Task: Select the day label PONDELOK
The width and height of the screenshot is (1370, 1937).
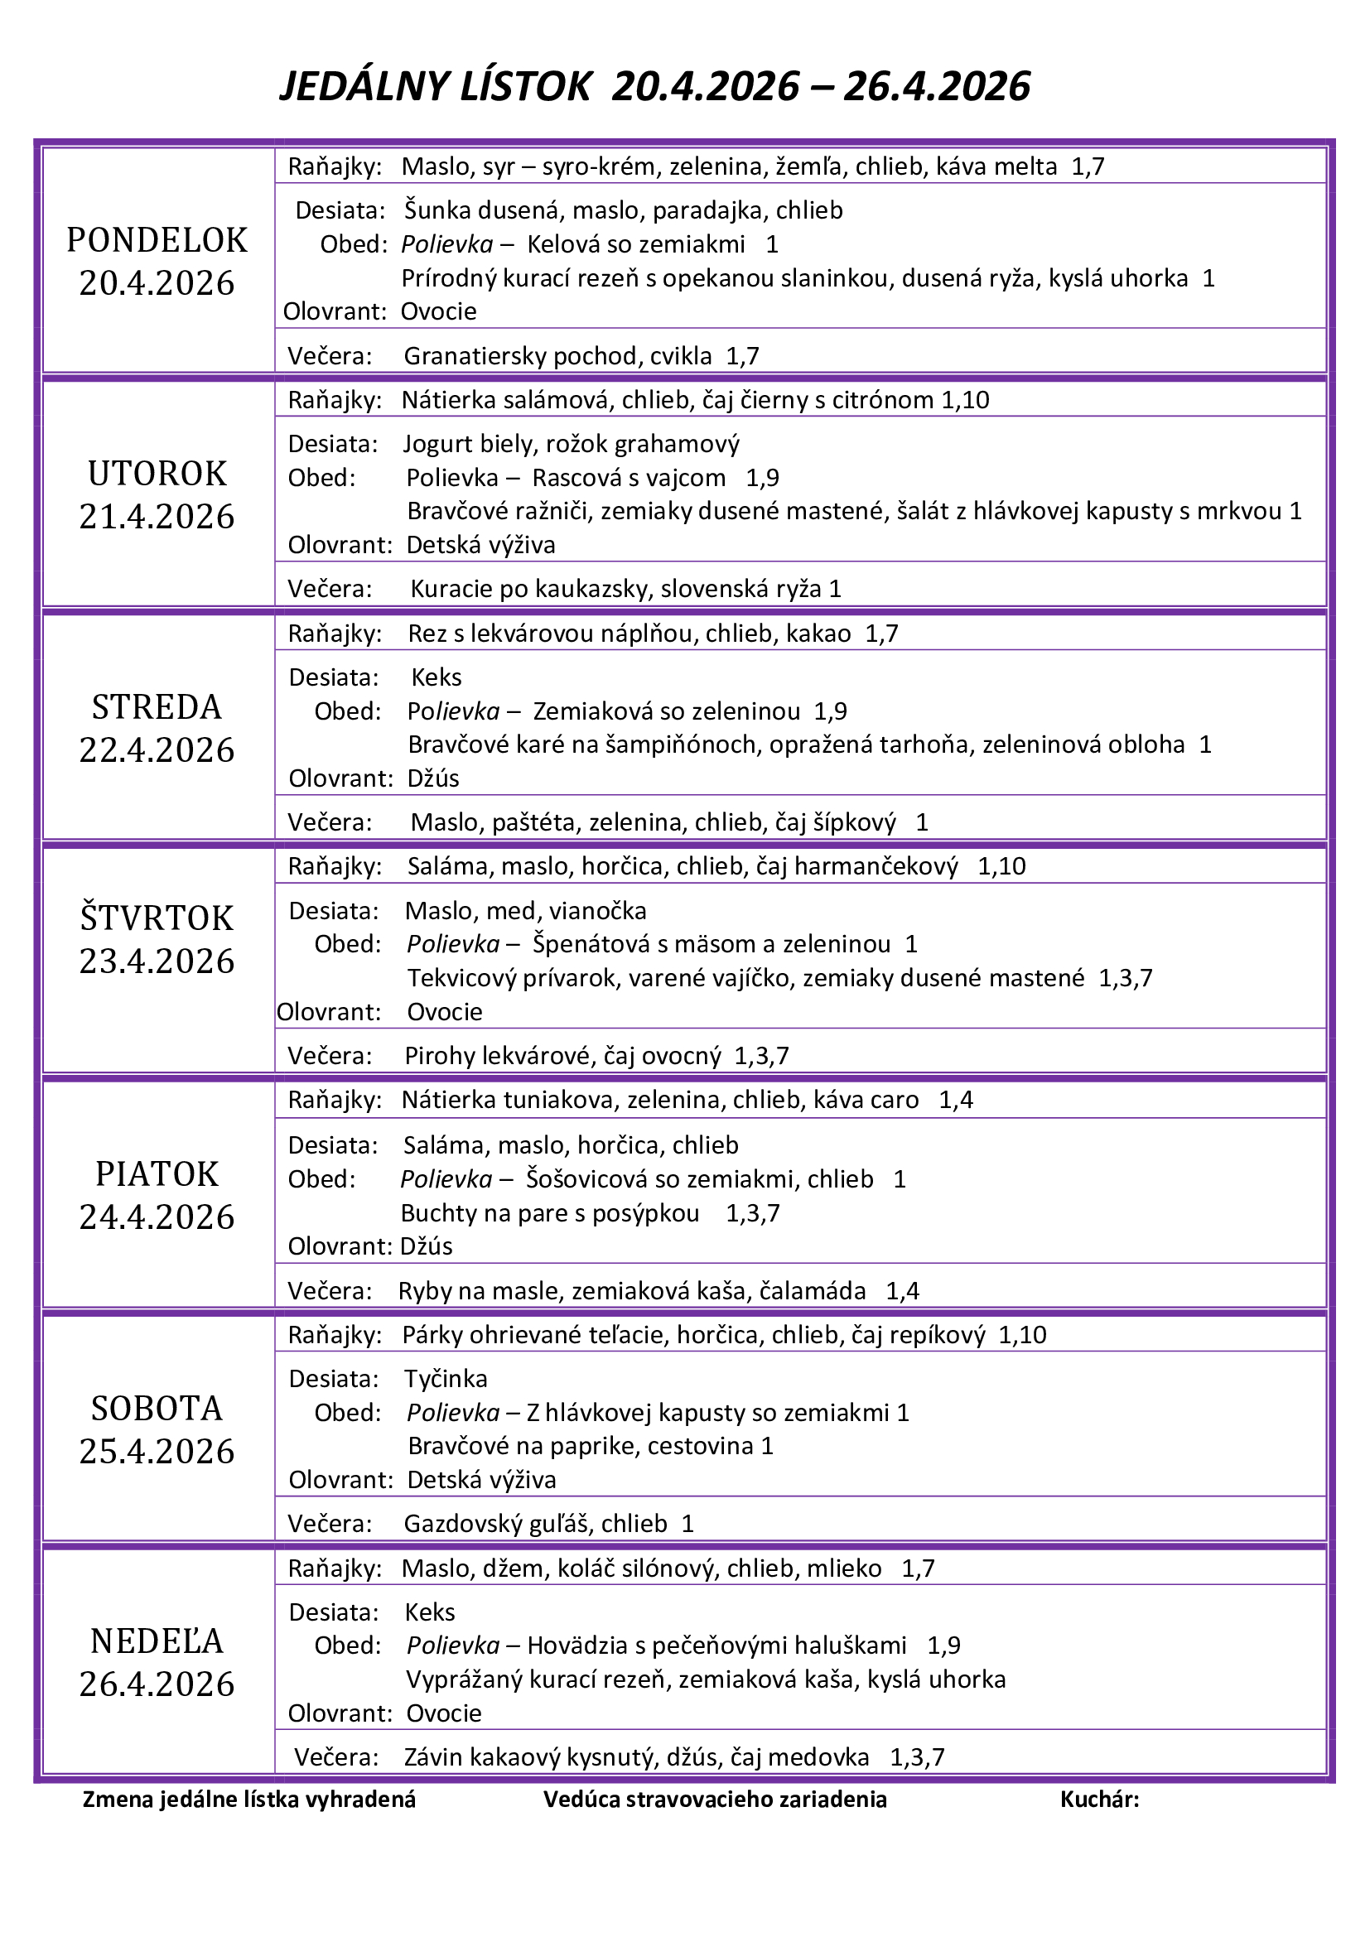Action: coord(157,240)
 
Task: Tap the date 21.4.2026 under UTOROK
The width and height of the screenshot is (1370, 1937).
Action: coord(157,517)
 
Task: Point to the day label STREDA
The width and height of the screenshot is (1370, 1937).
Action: coord(157,707)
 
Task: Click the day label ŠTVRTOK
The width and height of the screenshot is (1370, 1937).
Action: coord(157,918)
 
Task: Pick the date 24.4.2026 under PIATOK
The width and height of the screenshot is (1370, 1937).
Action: coord(157,1217)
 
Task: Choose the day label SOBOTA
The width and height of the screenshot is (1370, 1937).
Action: coord(157,1408)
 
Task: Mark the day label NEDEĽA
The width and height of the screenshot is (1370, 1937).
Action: coord(157,1641)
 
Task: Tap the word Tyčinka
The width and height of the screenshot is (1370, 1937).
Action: coord(446,1379)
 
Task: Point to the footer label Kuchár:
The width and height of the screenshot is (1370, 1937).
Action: coord(1099,1800)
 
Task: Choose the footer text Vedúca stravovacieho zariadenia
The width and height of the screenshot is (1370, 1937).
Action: coord(715,1800)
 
